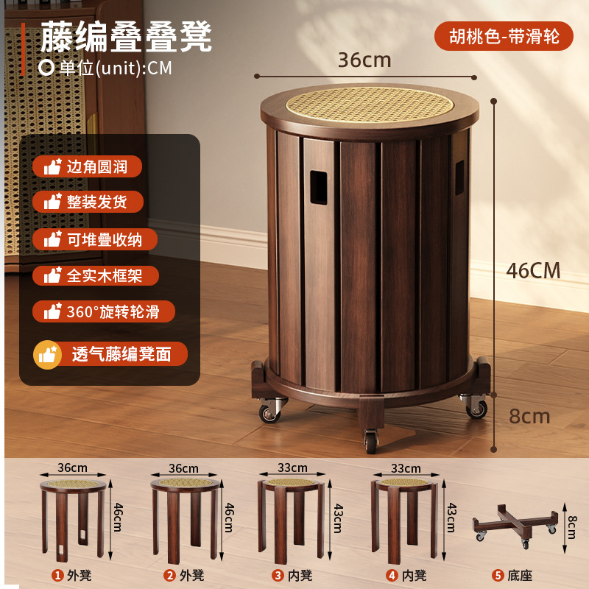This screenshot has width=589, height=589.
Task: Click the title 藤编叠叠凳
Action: (126, 36)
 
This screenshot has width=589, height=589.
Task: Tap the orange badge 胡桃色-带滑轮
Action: (504, 36)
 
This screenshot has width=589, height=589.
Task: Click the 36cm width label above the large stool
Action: (364, 60)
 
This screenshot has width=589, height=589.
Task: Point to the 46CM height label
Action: (533, 270)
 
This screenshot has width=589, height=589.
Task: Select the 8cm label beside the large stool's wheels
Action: (529, 416)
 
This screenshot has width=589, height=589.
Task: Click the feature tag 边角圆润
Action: (87, 166)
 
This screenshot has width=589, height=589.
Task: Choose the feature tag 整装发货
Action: (88, 202)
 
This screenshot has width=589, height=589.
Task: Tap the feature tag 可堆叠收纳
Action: (95, 239)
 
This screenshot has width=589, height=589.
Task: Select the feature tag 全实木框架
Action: (96, 275)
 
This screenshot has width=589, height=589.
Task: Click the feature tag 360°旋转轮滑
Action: (104, 311)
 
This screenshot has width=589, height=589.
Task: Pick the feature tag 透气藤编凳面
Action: (110, 354)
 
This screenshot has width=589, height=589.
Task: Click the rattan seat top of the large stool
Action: (370, 105)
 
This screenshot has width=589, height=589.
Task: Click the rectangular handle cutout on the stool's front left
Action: (319, 188)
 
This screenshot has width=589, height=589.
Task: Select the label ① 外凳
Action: (71, 575)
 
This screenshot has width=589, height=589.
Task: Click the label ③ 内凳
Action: (292, 575)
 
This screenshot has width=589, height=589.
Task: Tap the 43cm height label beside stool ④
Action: (452, 518)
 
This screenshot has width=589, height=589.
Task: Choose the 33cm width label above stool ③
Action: (292, 468)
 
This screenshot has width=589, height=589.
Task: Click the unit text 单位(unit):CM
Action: (105, 68)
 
